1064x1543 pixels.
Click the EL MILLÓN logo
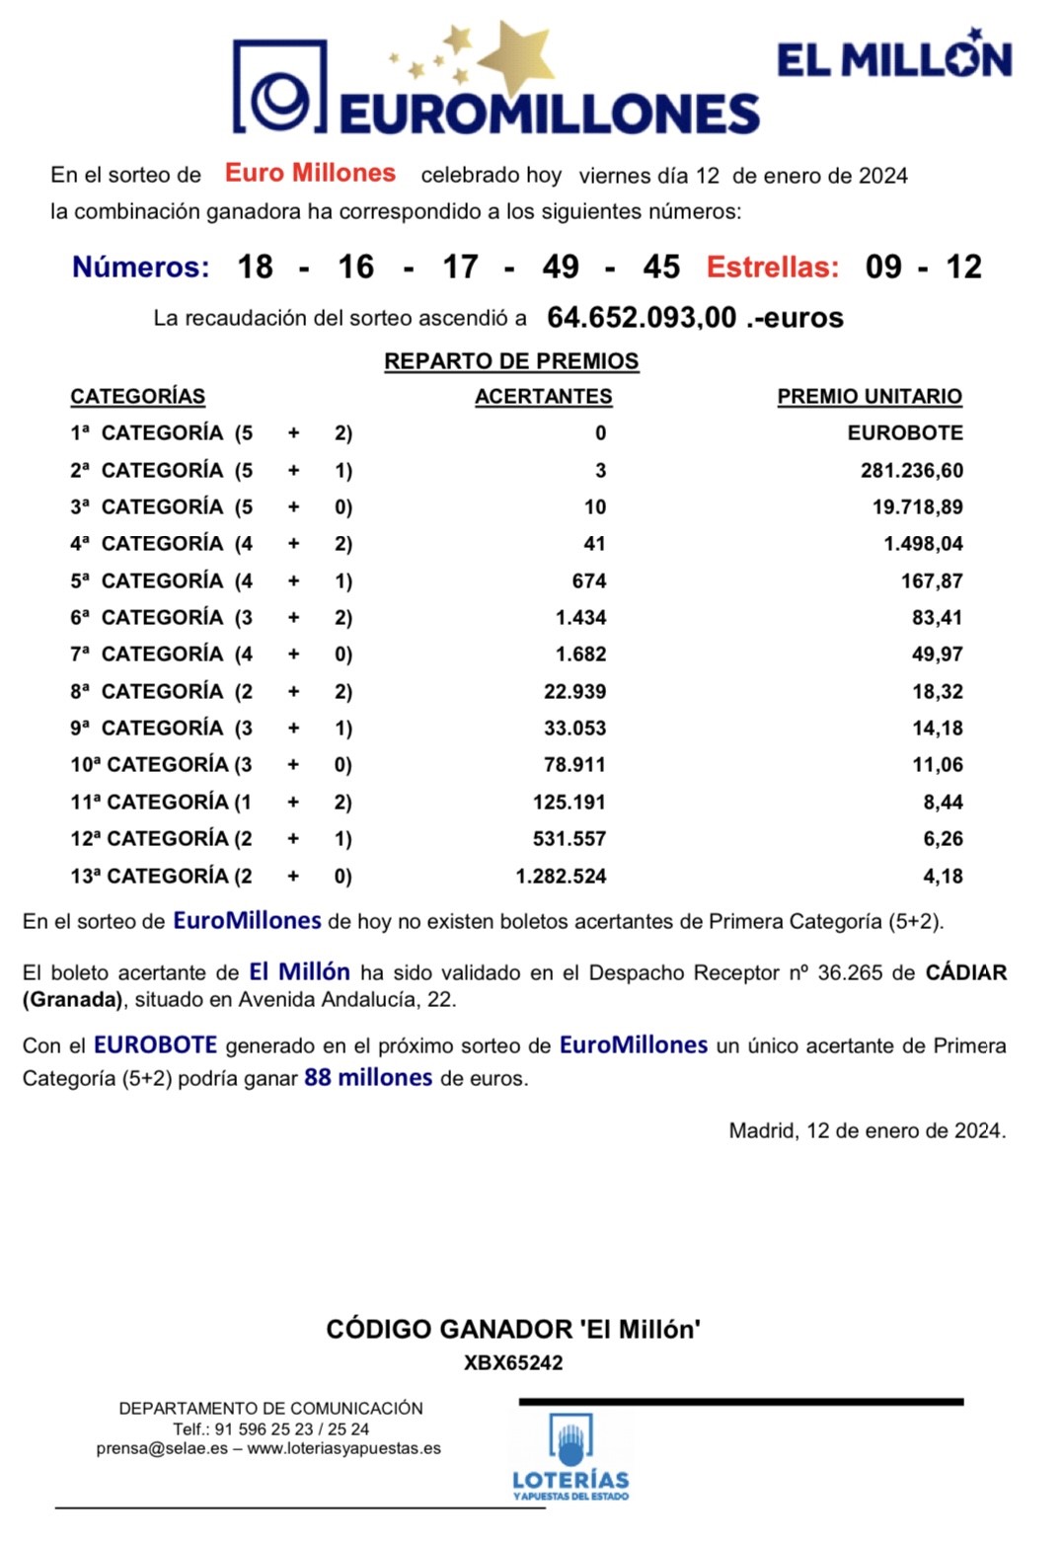(x=893, y=58)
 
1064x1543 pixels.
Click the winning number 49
(x=561, y=267)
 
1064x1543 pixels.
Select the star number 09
(x=883, y=267)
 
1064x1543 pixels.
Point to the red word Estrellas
(x=773, y=267)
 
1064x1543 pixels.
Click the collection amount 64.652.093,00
(x=642, y=318)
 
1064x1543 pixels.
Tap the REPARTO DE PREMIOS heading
(x=511, y=361)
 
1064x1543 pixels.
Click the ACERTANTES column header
(x=543, y=397)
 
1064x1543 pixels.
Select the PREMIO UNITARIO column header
(x=869, y=397)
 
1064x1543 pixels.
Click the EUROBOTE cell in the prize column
(x=905, y=433)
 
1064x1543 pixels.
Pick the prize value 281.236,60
(x=911, y=471)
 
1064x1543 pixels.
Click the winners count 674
(x=589, y=581)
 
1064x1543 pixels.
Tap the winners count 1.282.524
(x=561, y=877)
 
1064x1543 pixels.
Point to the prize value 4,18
(x=943, y=877)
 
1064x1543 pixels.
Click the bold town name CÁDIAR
(x=965, y=973)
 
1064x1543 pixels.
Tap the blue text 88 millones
(x=368, y=1078)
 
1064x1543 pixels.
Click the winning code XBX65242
(x=513, y=1363)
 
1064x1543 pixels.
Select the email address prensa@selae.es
(x=162, y=1449)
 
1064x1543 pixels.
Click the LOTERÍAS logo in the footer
(x=570, y=1456)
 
